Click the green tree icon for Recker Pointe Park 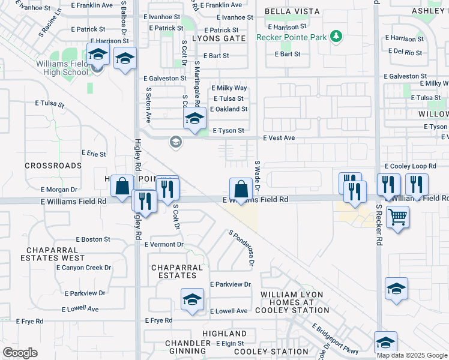[337, 37]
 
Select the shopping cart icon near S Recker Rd [397, 217]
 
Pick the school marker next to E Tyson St [194, 118]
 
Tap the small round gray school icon [175, 142]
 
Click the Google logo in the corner [20, 353]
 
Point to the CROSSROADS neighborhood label [53, 165]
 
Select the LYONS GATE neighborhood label [220, 38]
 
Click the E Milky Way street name [229, 88]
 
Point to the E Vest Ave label [279, 138]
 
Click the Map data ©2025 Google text [412, 355]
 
